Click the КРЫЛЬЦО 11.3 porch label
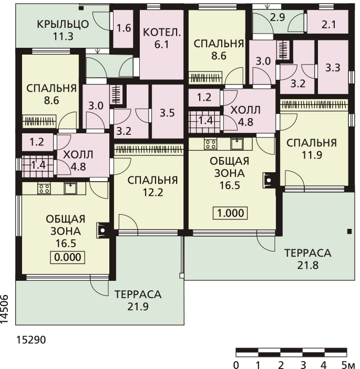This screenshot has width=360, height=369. pyautogui.click(x=63, y=30)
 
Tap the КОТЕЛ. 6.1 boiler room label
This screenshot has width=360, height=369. pyautogui.click(x=162, y=38)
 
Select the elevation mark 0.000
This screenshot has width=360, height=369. pyautogui.click(x=68, y=257)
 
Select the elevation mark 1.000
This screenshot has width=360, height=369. pyautogui.click(x=230, y=213)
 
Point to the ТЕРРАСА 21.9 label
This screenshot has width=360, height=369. pyautogui.click(x=138, y=301)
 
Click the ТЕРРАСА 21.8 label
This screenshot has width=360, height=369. pyautogui.click(x=307, y=259)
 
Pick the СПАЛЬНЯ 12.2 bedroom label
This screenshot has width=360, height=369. pyautogui.click(x=152, y=186)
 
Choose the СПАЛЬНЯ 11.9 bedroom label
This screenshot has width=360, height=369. pyautogui.click(x=312, y=149)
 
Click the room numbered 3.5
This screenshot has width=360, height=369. pyautogui.click(x=167, y=113)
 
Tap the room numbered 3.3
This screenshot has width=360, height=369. pyautogui.click(x=333, y=68)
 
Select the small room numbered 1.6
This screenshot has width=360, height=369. pyautogui.click(x=124, y=28)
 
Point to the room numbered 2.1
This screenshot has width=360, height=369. pyautogui.click(x=328, y=25)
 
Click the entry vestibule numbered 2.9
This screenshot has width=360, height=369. pyautogui.click(x=277, y=17)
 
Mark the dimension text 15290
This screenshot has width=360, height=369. pyautogui.click(x=31, y=340)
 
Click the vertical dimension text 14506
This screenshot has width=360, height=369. pyautogui.click(x=5, y=309)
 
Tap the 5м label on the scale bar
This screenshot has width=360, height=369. pyautogui.click(x=348, y=365)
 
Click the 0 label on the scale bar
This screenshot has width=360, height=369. pyautogui.click(x=236, y=365)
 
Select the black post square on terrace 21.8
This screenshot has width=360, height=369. pyautogui.click(x=349, y=231)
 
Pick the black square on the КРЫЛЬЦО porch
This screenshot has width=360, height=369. pyautogui.click(x=81, y=8)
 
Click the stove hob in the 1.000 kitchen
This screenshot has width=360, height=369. pyautogui.click(x=210, y=144)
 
